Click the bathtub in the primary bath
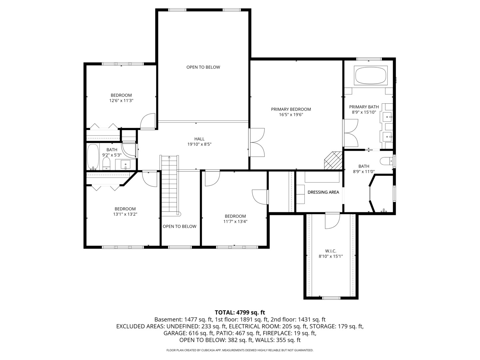click(371, 76)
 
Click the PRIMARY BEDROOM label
click(291, 109)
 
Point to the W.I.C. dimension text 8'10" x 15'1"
click(331, 256)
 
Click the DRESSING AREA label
click(323, 192)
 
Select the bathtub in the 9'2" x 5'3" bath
click(93, 157)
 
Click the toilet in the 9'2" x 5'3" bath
click(106, 163)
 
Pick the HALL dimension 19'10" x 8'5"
click(199, 144)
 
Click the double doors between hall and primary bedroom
click(257, 142)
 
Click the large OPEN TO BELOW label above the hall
click(203, 67)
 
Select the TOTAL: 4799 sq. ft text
click(240, 312)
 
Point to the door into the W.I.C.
click(332, 221)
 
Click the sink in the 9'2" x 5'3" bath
click(125, 164)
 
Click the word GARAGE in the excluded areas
click(174, 333)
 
